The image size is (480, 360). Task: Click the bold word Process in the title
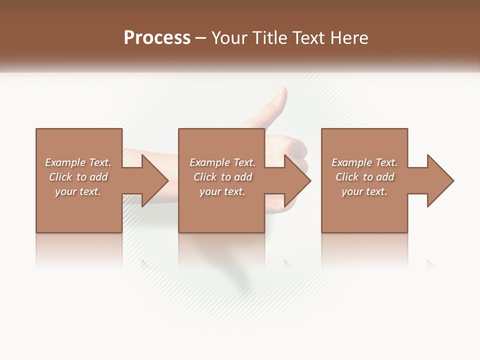(157, 38)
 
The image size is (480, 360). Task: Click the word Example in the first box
(65, 162)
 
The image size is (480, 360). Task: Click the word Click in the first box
(60, 177)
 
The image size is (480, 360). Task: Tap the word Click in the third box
(347, 177)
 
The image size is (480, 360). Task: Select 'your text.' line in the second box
(222, 191)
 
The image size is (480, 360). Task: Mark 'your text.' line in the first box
(78, 191)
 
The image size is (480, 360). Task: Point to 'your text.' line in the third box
(364, 191)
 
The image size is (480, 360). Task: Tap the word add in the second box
(243, 177)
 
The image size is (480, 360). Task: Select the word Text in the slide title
(308, 38)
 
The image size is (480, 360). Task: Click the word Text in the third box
(386, 162)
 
